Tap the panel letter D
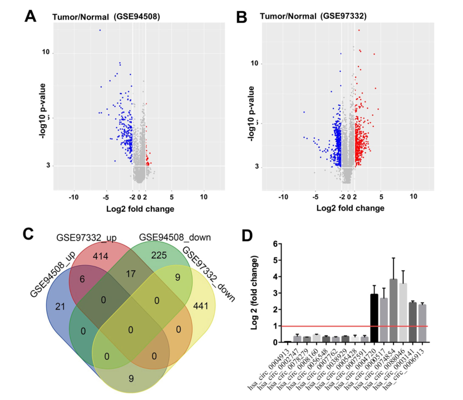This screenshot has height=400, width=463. coord(252,235)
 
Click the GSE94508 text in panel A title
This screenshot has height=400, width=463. coord(137,17)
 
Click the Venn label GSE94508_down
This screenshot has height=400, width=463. coord(167,237)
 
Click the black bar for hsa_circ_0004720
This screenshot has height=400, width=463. coord(375,318)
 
